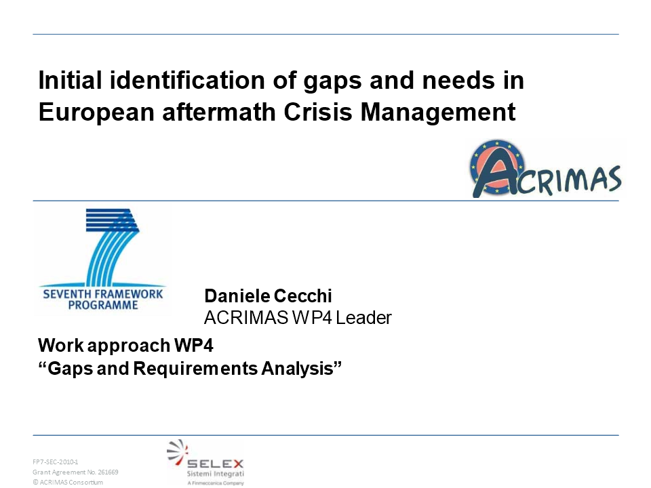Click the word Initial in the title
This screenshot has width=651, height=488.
click(70, 80)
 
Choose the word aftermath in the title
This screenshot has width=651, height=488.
click(219, 112)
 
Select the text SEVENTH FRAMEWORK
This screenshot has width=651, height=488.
click(103, 294)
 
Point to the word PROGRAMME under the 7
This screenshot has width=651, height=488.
click(103, 306)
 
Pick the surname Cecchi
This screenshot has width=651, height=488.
click(302, 296)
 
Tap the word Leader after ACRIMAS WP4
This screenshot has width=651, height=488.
click(363, 318)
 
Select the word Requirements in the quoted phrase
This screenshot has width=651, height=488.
click(195, 369)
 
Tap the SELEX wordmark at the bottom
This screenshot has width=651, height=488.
click(215, 464)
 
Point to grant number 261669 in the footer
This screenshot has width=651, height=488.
click(108, 472)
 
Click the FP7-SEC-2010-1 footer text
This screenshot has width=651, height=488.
click(56, 462)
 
